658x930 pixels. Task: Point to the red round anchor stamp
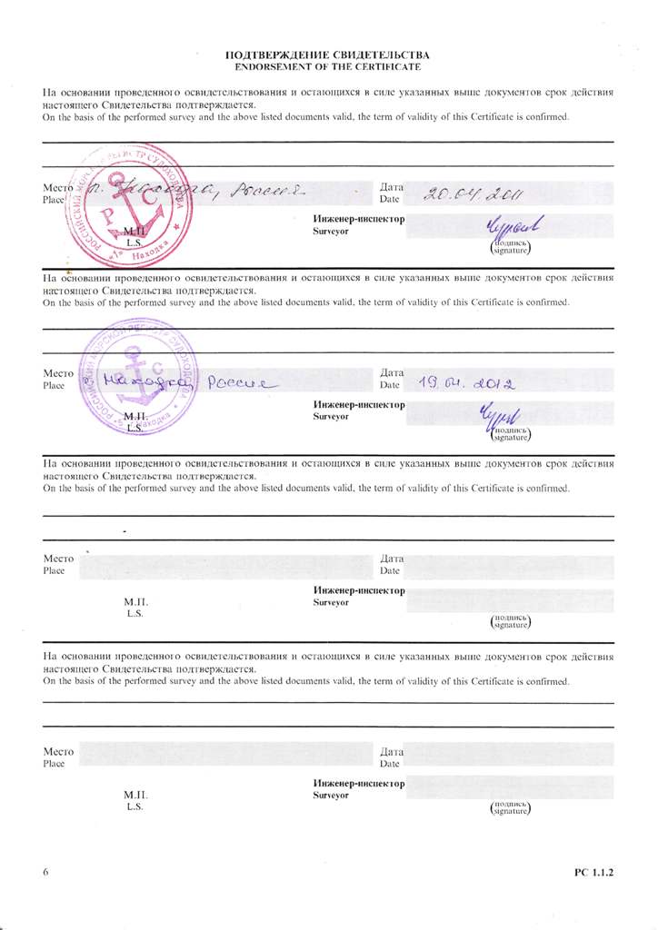coord(125,204)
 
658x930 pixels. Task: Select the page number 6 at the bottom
coord(45,873)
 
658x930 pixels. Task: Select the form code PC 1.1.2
coord(594,873)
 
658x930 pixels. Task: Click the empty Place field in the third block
coord(227,566)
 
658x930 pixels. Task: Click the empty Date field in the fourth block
coord(509,756)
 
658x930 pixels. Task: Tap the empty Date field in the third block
coord(509,566)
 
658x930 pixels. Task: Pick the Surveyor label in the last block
coord(332,795)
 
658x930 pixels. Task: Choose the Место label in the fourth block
coord(58,751)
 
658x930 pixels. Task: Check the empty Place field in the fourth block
coord(227,756)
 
